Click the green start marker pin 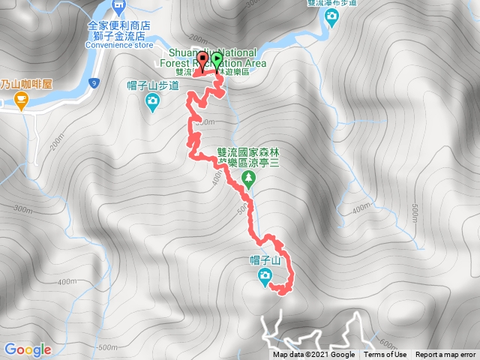tap(217, 61)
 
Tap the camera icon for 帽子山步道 tap(153, 100)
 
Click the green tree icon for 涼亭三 tap(249, 178)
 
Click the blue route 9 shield tap(92, 82)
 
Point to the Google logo tap(27, 349)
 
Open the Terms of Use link tap(385, 355)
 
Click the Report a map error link tap(445, 355)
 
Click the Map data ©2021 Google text tap(313, 355)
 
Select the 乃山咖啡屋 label tap(25, 84)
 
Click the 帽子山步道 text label tap(153, 86)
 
